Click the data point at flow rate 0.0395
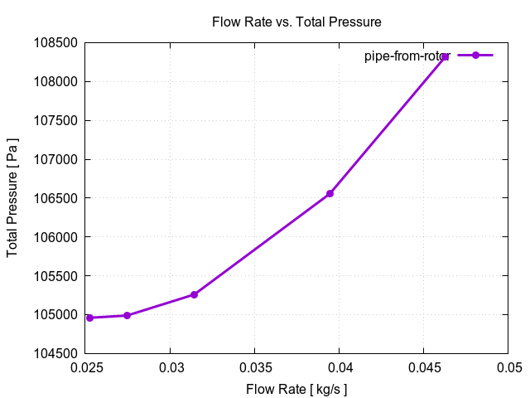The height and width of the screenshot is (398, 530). [330, 193]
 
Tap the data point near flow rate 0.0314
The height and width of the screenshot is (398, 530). [194, 294]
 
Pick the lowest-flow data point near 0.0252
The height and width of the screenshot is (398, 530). [89, 318]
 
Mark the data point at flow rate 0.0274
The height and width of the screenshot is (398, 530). [127, 315]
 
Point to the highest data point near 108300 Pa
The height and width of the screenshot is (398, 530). [445, 56]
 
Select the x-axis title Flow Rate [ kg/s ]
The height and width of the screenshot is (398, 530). [296, 389]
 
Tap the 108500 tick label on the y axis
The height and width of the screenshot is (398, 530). [55, 43]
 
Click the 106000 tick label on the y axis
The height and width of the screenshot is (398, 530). [55, 237]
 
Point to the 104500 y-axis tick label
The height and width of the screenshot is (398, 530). [55, 354]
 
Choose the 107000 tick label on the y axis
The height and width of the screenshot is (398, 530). [55, 159]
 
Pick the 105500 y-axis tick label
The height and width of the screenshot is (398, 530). [55, 276]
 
